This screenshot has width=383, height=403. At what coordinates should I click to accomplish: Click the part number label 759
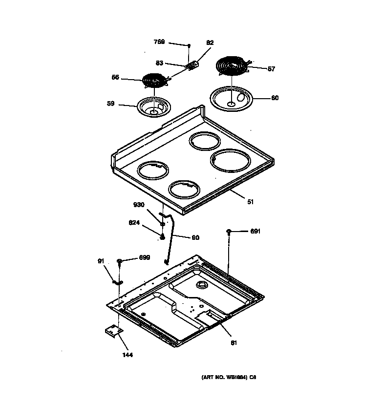click(x=159, y=42)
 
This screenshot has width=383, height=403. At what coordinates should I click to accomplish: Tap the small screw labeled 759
click(x=189, y=45)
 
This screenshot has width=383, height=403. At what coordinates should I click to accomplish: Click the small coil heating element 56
click(x=153, y=80)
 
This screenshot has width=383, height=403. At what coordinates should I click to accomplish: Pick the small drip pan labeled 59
click(x=153, y=107)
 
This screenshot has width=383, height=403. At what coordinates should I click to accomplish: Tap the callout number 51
click(x=251, y=201)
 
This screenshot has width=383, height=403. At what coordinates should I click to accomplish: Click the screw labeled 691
click(x=228, y=231)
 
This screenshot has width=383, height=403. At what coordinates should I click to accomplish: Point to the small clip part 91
click(x=117, y=282)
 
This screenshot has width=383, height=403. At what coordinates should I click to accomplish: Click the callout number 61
click(x=234, y=342)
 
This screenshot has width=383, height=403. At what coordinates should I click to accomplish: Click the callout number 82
click(x=210, y=43)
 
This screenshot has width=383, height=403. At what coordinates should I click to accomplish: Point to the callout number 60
click(x=275, y=98)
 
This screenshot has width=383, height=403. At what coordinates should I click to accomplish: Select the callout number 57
click(x=271, y=69)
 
